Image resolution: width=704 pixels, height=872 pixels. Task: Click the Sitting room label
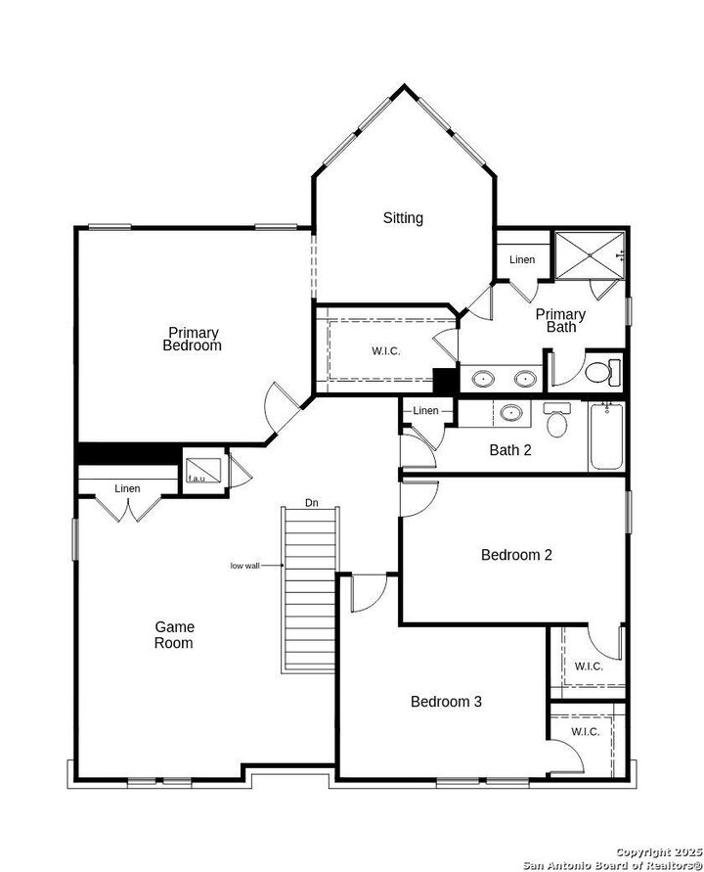[403, 218]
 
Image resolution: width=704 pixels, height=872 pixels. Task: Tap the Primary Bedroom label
[192, 339]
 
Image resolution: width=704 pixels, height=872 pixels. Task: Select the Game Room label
[173, 634]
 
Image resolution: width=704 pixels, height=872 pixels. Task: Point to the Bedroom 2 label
[516, 555]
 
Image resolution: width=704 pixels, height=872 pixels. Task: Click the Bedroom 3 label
[446, 702]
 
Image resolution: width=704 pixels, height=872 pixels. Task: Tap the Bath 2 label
[510, 450]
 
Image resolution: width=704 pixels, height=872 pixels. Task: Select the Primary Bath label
[560, 320]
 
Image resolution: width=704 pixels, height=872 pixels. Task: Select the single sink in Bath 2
[510, 413]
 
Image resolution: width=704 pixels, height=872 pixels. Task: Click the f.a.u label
[197, 478]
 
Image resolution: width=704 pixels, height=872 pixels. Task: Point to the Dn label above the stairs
[311, 503]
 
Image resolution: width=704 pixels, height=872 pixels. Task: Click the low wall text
[244, 566]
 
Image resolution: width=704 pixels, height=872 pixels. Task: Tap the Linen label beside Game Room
[127, 488]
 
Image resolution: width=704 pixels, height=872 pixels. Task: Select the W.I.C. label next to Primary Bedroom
[385, 351]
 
